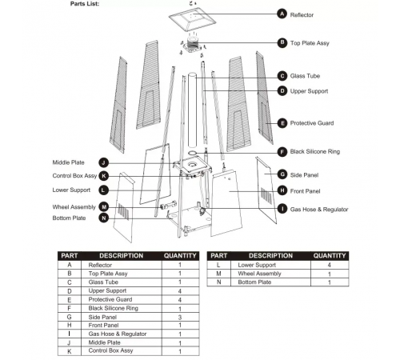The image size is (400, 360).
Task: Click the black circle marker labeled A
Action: click(282, 14)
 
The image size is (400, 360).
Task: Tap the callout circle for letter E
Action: click(282, 123)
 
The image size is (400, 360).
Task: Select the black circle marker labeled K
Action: click(104, 176)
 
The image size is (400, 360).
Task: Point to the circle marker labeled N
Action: click(104, 218)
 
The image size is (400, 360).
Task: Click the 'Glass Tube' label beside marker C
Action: click(305, 76)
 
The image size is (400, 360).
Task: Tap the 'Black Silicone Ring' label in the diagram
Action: click(315, 152)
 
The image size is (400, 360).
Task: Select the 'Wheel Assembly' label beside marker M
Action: click(74, 207)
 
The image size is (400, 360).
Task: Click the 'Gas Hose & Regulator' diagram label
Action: click(319, 210)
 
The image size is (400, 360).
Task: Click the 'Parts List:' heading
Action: click(85, 4)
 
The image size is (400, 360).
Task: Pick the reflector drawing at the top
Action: click(192, 19)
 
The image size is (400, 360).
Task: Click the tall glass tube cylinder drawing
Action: click(192, 110)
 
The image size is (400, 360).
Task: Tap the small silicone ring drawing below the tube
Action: click(192, 153)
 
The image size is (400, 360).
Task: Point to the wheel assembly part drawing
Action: click(168, 206)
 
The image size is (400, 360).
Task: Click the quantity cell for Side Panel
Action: click(180, 317)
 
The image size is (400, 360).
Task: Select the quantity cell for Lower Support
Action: click(330, 265)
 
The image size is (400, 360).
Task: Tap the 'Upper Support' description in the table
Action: click(107, 290)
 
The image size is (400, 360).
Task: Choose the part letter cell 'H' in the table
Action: click(70, 326)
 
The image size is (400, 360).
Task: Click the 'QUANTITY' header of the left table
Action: click(180, 256)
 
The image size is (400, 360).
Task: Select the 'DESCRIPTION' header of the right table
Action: click(270, 256)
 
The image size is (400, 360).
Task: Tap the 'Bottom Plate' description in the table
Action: click(254, 282)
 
